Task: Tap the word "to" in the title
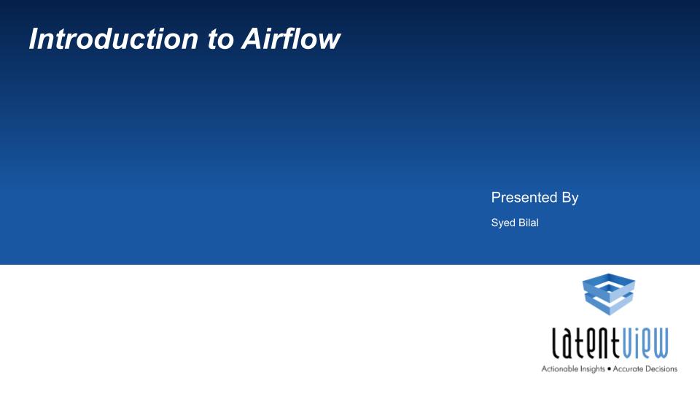(x=220, y=39)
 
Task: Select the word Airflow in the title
(x=291, y=39)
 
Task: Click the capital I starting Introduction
(x=35, y=39)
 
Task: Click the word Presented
(x=524, y=197)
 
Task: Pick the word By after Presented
(x=570, y=198)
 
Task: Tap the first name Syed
(x=502, y=223)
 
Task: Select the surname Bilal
(x=529, y=223)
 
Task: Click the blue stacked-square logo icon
(x=608, y=294)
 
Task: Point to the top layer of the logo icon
(x=608, y=285)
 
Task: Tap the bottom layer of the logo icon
(x=608, y=305)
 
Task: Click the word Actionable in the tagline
(x=559, y=368)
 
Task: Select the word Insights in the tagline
(x=592, y=369)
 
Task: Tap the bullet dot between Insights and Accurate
(x=609, y=369)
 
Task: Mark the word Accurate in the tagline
(x=628, y=369)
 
